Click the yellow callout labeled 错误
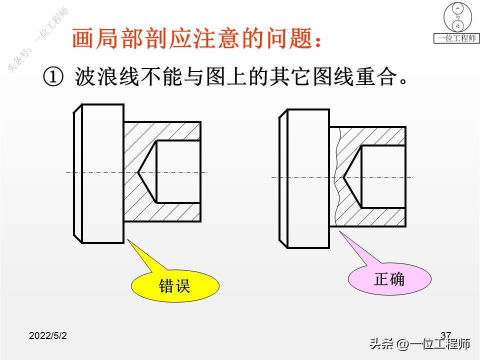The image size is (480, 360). point(175,286)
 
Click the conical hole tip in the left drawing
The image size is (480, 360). point(138,172)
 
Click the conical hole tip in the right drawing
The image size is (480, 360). point(345,177)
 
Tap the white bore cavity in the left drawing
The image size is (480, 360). point(178,172)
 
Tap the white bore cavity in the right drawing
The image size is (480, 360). point(382,177)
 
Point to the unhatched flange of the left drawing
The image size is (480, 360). point(102,173)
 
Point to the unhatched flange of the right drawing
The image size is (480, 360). point(308,178)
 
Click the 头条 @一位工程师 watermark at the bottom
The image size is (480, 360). point(420,344)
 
